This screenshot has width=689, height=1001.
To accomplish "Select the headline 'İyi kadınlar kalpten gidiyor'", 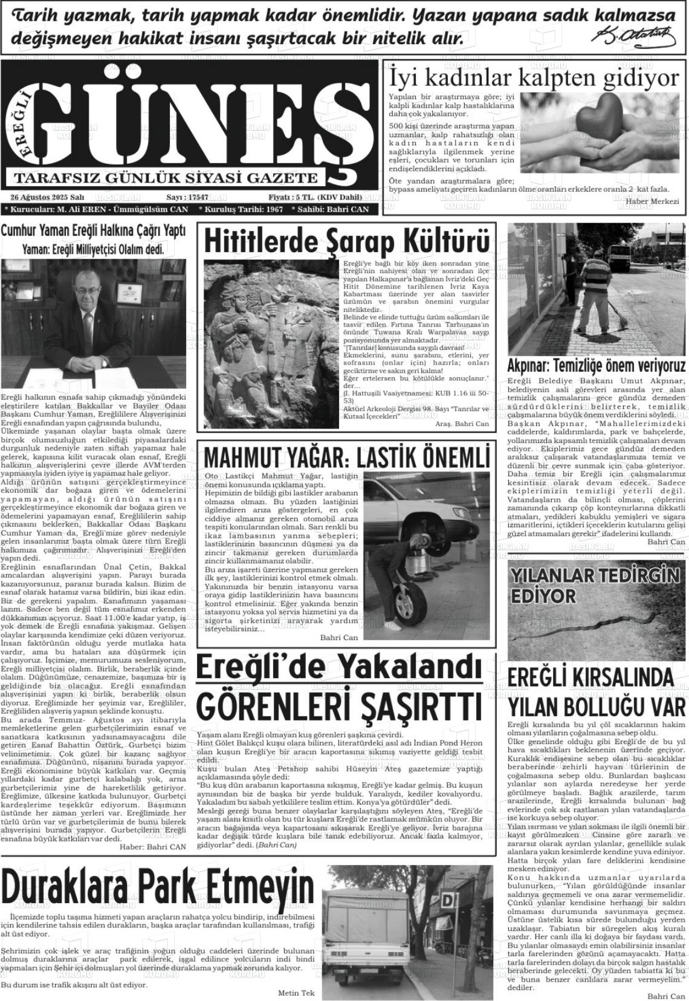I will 534,78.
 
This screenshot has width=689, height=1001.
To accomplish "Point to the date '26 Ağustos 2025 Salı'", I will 47,198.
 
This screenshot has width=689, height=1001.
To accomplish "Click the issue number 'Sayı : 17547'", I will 187,198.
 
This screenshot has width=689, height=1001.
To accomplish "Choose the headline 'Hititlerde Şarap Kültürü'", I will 347,241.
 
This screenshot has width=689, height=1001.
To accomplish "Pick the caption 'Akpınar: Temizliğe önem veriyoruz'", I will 596,366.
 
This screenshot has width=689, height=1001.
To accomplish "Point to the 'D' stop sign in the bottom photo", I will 449,901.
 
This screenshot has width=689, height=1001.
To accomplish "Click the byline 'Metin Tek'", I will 296,993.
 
